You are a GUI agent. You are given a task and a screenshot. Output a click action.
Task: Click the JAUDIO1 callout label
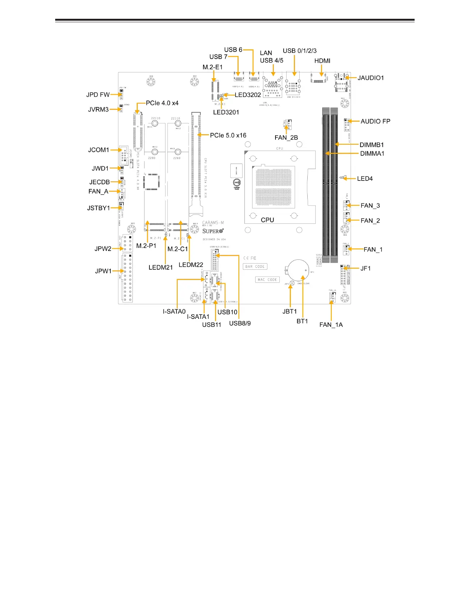(371, 78)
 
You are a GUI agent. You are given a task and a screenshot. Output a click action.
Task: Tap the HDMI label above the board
(322, 61)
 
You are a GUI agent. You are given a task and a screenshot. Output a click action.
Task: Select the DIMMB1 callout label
(372, 145)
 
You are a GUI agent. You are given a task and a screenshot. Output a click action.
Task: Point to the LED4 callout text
(365, 179)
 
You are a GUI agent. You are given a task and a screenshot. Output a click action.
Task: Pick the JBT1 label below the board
(290, 312)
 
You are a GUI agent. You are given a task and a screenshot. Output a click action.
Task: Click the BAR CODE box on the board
(255, 267)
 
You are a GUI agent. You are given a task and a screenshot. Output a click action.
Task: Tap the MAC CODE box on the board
(267, 280)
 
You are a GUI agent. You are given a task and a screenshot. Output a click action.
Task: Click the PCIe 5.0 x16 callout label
(228, 135)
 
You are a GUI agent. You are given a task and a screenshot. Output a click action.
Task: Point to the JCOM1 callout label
(98, 150)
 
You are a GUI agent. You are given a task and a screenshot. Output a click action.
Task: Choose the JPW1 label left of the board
(103, 271)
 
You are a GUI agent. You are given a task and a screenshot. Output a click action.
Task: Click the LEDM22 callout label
(191, 265)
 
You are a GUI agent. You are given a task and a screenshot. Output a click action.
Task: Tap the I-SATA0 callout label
(174, 312)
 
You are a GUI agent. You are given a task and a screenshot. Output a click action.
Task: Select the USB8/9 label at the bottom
(240, 323)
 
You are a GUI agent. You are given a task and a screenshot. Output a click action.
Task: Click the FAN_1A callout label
(331, 325)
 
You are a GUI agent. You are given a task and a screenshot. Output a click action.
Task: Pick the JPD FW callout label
(98, 95)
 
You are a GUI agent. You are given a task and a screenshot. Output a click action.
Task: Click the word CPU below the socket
(267, 220)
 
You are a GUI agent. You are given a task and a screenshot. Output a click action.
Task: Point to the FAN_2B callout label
(286, 138)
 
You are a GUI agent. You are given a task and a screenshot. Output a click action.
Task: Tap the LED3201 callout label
(226, 112)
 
